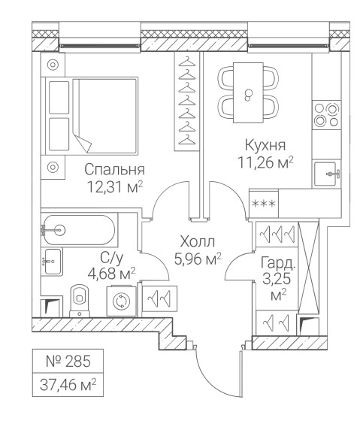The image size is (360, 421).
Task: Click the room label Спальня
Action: point(115,170)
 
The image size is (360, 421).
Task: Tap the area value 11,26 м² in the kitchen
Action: point(265,162)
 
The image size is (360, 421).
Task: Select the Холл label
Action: point(198,241)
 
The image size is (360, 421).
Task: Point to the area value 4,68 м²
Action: point(111,274)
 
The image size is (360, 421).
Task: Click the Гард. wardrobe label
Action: point(278,264)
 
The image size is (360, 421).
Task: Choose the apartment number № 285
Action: point(68,361)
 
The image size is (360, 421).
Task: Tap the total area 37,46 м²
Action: point(68,385)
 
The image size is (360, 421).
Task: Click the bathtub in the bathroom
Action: point(79,230)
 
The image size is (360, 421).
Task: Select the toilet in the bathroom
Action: point(80,301)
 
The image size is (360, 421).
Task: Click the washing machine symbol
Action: point(121,301)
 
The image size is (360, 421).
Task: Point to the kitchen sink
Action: point(326,174)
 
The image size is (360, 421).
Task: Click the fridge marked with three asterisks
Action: point(264,203)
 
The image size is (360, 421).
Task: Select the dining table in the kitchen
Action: point(248,93)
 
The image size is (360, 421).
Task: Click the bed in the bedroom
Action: point(92,116)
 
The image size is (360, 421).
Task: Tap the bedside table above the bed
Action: point(53,65)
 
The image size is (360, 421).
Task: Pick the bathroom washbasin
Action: point(52,262)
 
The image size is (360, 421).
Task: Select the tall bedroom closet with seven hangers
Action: point(187,101)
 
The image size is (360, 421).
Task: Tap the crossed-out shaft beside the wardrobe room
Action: point(309,268)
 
